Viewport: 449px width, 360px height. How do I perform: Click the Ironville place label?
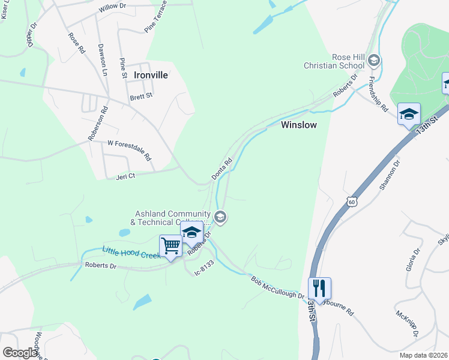tap(151, 76)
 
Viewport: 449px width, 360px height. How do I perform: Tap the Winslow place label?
tap(298, 125)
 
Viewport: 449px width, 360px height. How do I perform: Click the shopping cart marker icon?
tap(170, 245)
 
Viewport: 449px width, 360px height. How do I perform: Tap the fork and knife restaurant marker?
tap(319, 289)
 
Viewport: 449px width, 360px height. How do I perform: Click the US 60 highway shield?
tap(352, 202)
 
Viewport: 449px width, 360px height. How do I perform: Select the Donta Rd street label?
tap(221, 169)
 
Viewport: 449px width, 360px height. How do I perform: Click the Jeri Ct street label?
tap(125, 176)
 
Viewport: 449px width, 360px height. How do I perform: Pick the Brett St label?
tap(142, 95)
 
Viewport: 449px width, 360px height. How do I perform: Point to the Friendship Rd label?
tap(378, 95)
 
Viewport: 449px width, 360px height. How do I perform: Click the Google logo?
tap(20, 353)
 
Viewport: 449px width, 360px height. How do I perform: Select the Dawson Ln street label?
tap(103, 60)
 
